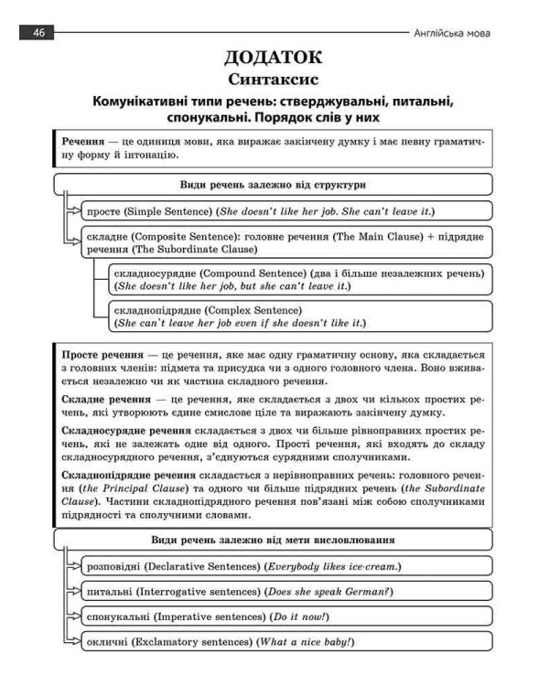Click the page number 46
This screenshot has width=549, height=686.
pyautogui.click(x=38, y=33)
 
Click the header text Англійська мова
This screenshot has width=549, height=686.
pyautogui.click(x=453, y=33)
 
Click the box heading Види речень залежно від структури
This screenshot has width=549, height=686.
pyautogui.click(x=273, y=184)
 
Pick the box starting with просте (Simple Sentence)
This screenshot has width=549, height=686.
pyautogui.click(x=286, y=211)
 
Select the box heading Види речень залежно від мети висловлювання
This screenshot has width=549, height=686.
pyautogui.click(x=273, y=540)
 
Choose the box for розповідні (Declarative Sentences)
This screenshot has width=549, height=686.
pyautogui.click(x=286, y=567)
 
